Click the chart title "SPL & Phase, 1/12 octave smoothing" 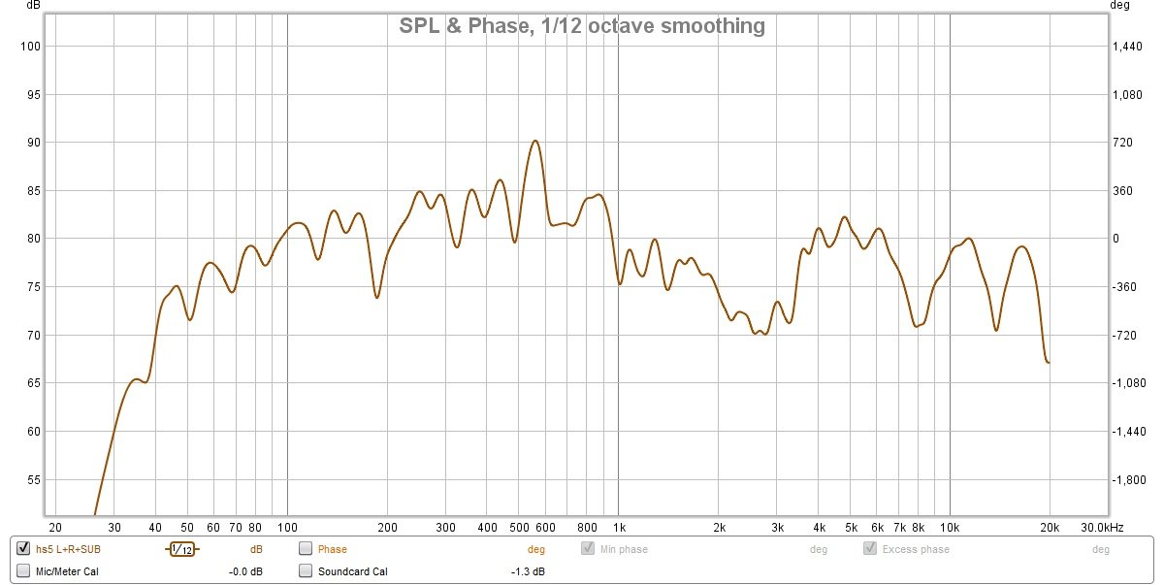pyautogui.click(x=582, y=26)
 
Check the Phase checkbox pyautogui.click(x=306, y=549)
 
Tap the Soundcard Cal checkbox pyautogui.click(x=306, y=571)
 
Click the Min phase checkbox pyautogui.click(x=588, y=549)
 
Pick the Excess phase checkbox pyautogui.click(x=870, y=549)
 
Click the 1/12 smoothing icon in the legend pyautogui.click(x=181, y=549)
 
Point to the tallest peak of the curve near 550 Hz pyautogui.click(x=534, y=141)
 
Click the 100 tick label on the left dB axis pyautogui.click(x=31, y=47)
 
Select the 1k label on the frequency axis pyautogui.click(x=619, y=527)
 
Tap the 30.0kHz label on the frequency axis pyautogui.click(x=1102, y=527)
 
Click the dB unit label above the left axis pyautogui.click(x=33, y=6)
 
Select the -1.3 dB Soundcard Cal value pyautogui.click(x=528, y=571)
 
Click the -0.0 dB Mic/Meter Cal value pyautogui.click(x=245, y=571)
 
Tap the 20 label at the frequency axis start pyautogui.click(x=55, y=527)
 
